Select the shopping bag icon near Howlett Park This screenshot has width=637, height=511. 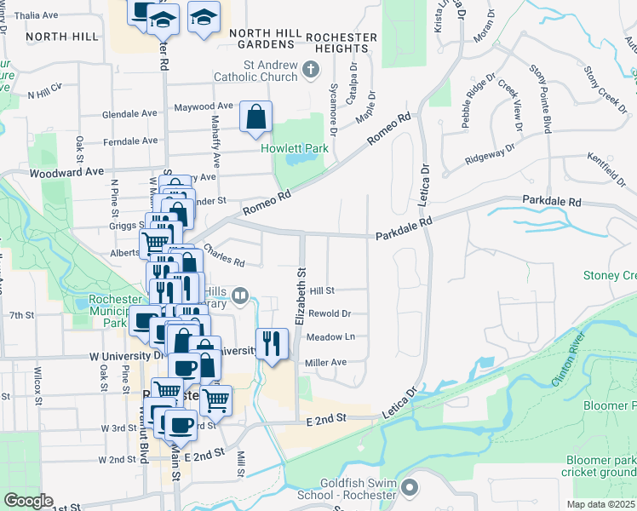point(255,118)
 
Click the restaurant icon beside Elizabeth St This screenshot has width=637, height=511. point(271,344)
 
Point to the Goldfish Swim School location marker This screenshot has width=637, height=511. point(410,488)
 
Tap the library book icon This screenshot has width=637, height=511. point(240,296)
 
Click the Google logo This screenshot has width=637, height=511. point(28,501)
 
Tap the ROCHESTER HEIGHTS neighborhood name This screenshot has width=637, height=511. point(341,43)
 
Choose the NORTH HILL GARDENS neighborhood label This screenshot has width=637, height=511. point(266,38)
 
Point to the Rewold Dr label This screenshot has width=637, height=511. point(329,313)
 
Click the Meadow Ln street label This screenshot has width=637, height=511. point(330,337)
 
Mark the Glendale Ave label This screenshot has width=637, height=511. point(129,113)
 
